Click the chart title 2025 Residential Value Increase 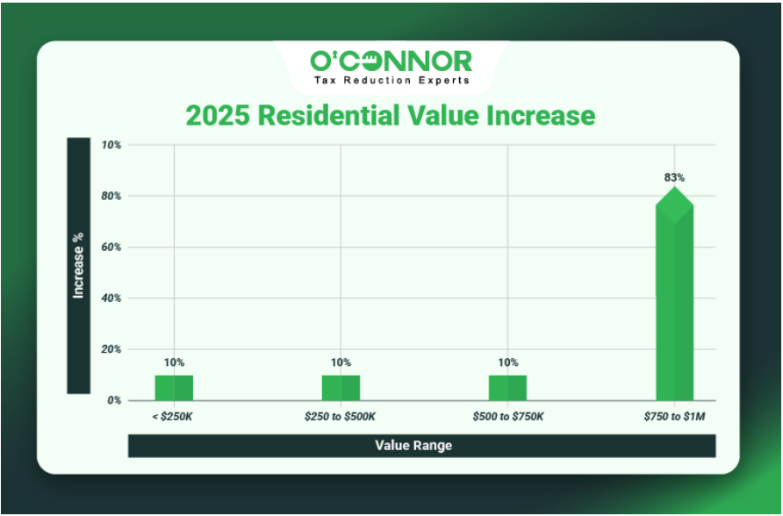coord(390,116)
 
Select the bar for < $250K coord(174,387)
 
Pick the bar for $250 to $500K coord(341,387)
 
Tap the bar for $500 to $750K coord(507,387)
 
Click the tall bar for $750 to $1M coord(674,298)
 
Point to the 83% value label coord(674,177)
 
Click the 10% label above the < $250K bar coord(174,362)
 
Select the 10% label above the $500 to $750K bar coord(507,362)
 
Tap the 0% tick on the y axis coord(114,401)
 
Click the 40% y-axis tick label coord(111,298)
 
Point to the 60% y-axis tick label coord(111,247)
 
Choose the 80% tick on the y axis coord(111,197)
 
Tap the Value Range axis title coord(413,446)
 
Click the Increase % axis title coord(78,265)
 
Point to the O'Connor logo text coord(391,61)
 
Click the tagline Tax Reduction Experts coord(391,80)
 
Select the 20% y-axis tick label coord(111,349)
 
